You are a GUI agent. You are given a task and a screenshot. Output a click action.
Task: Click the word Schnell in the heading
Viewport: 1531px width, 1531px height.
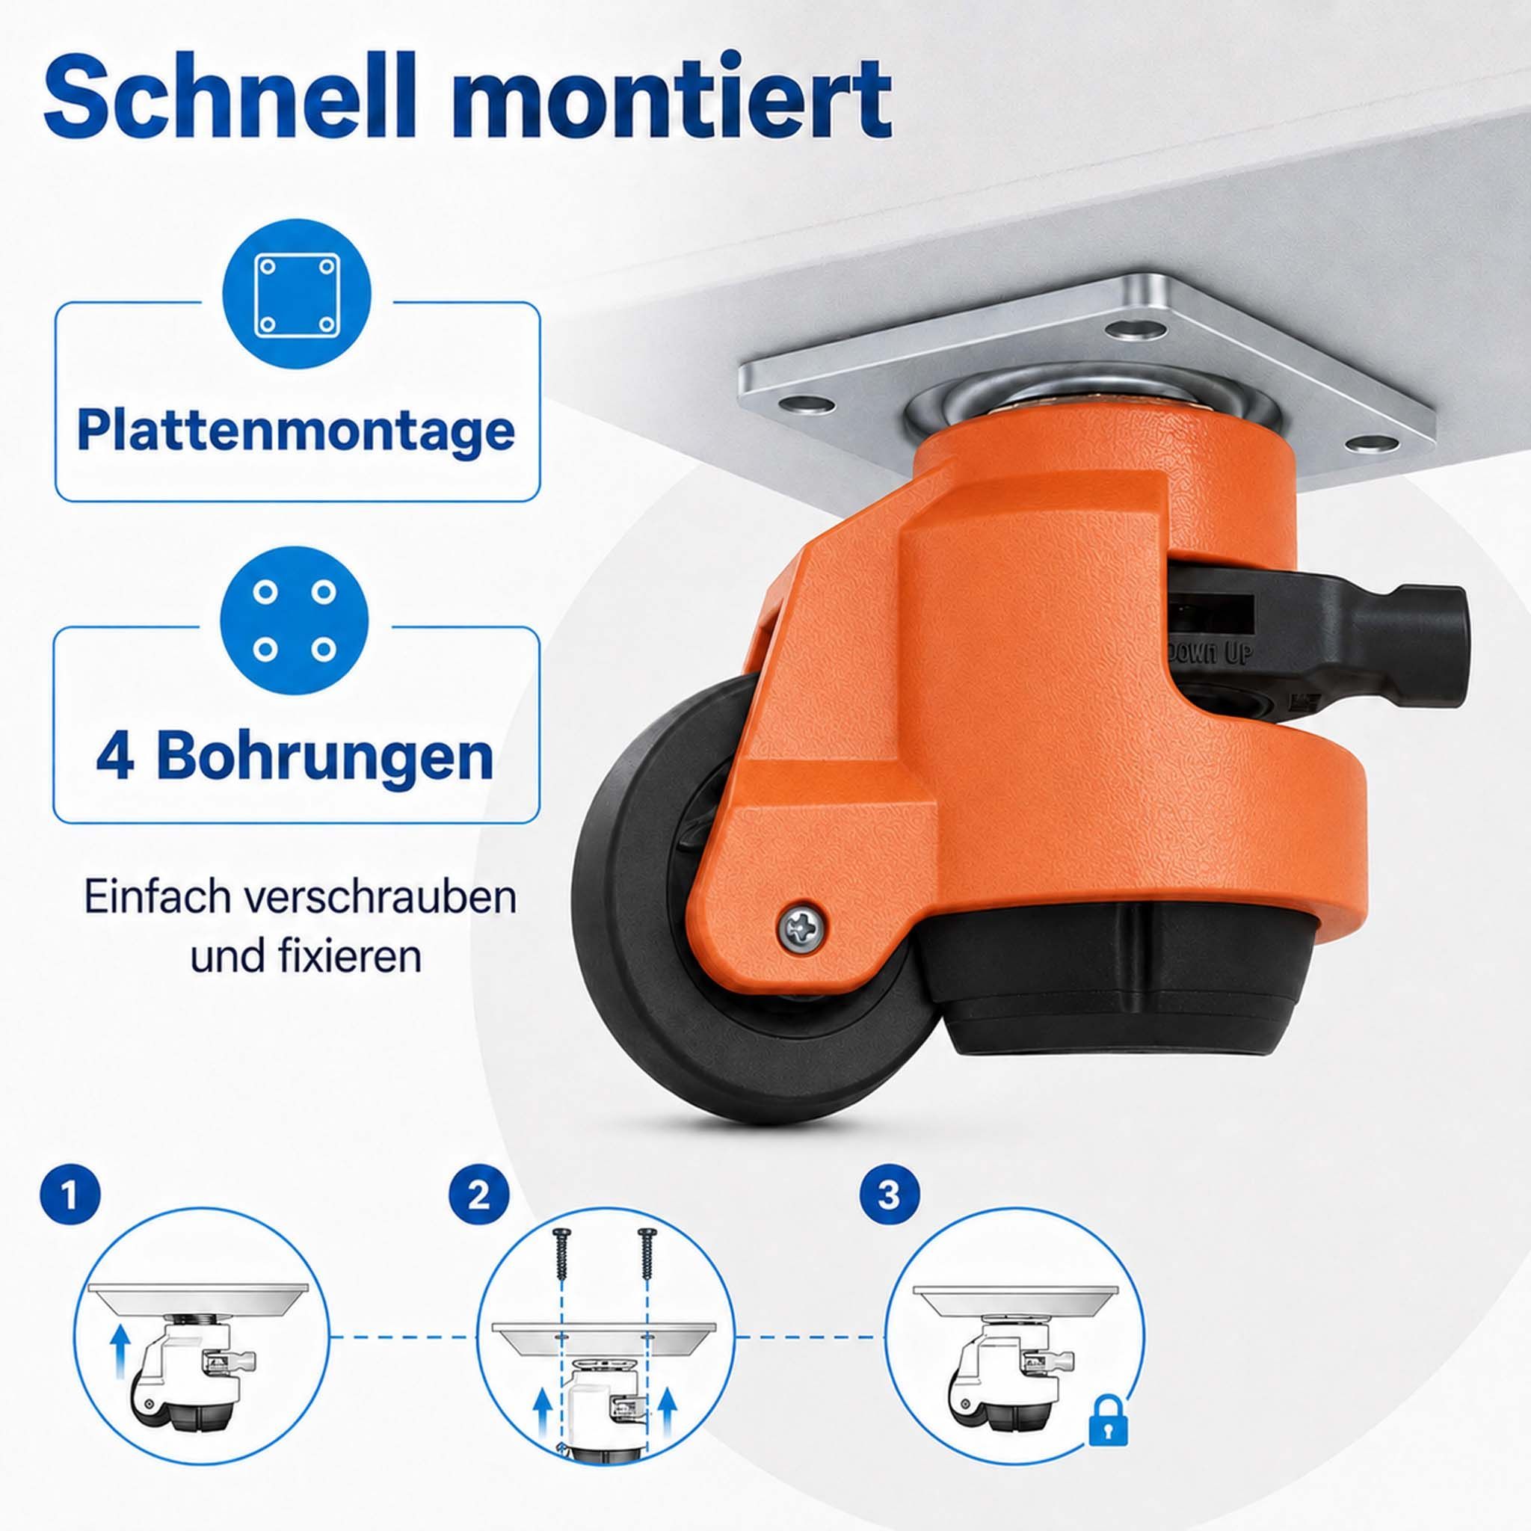pyautogui.click(x=230, y=96)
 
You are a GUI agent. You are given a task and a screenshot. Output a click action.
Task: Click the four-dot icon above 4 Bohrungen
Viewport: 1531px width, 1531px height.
pyautogui.click(x=295, y=620)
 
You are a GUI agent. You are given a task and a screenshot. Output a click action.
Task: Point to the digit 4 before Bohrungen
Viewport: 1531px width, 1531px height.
pyautogui.click(x=116, y=756)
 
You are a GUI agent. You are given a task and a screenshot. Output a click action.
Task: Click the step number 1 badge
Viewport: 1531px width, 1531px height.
pyautogui.click(x=70, y=1215)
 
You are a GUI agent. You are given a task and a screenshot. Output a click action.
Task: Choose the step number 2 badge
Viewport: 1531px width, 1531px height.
pyautogui.click(x=479, y=1215)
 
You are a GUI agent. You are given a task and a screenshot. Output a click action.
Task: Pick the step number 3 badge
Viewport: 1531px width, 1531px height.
pyautogui.click(x=889, y=1215)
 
